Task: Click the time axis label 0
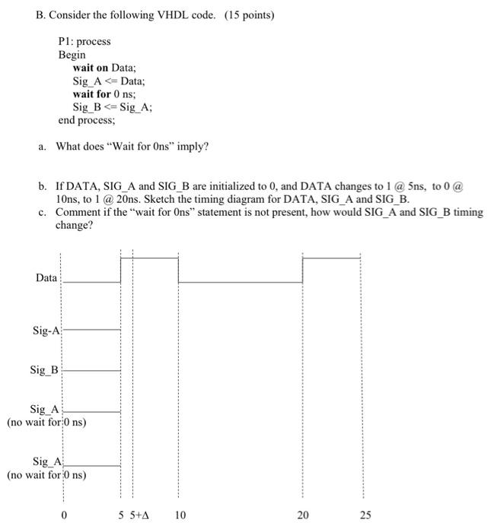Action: coord(64,515)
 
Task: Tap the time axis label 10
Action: coord(180,515)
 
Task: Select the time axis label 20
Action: coord(303,515)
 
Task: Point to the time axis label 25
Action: coord(365,515)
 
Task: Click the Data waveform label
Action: coord(46,278)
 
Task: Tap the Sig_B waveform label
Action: coord(44,370)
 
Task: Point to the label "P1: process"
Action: coord(84,41)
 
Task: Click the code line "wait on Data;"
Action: coord(104,68)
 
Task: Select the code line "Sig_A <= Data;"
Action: coord(108,81)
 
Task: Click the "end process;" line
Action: coord(87,120)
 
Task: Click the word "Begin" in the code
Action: coord(72,55)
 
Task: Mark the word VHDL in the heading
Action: coord(163,15)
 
